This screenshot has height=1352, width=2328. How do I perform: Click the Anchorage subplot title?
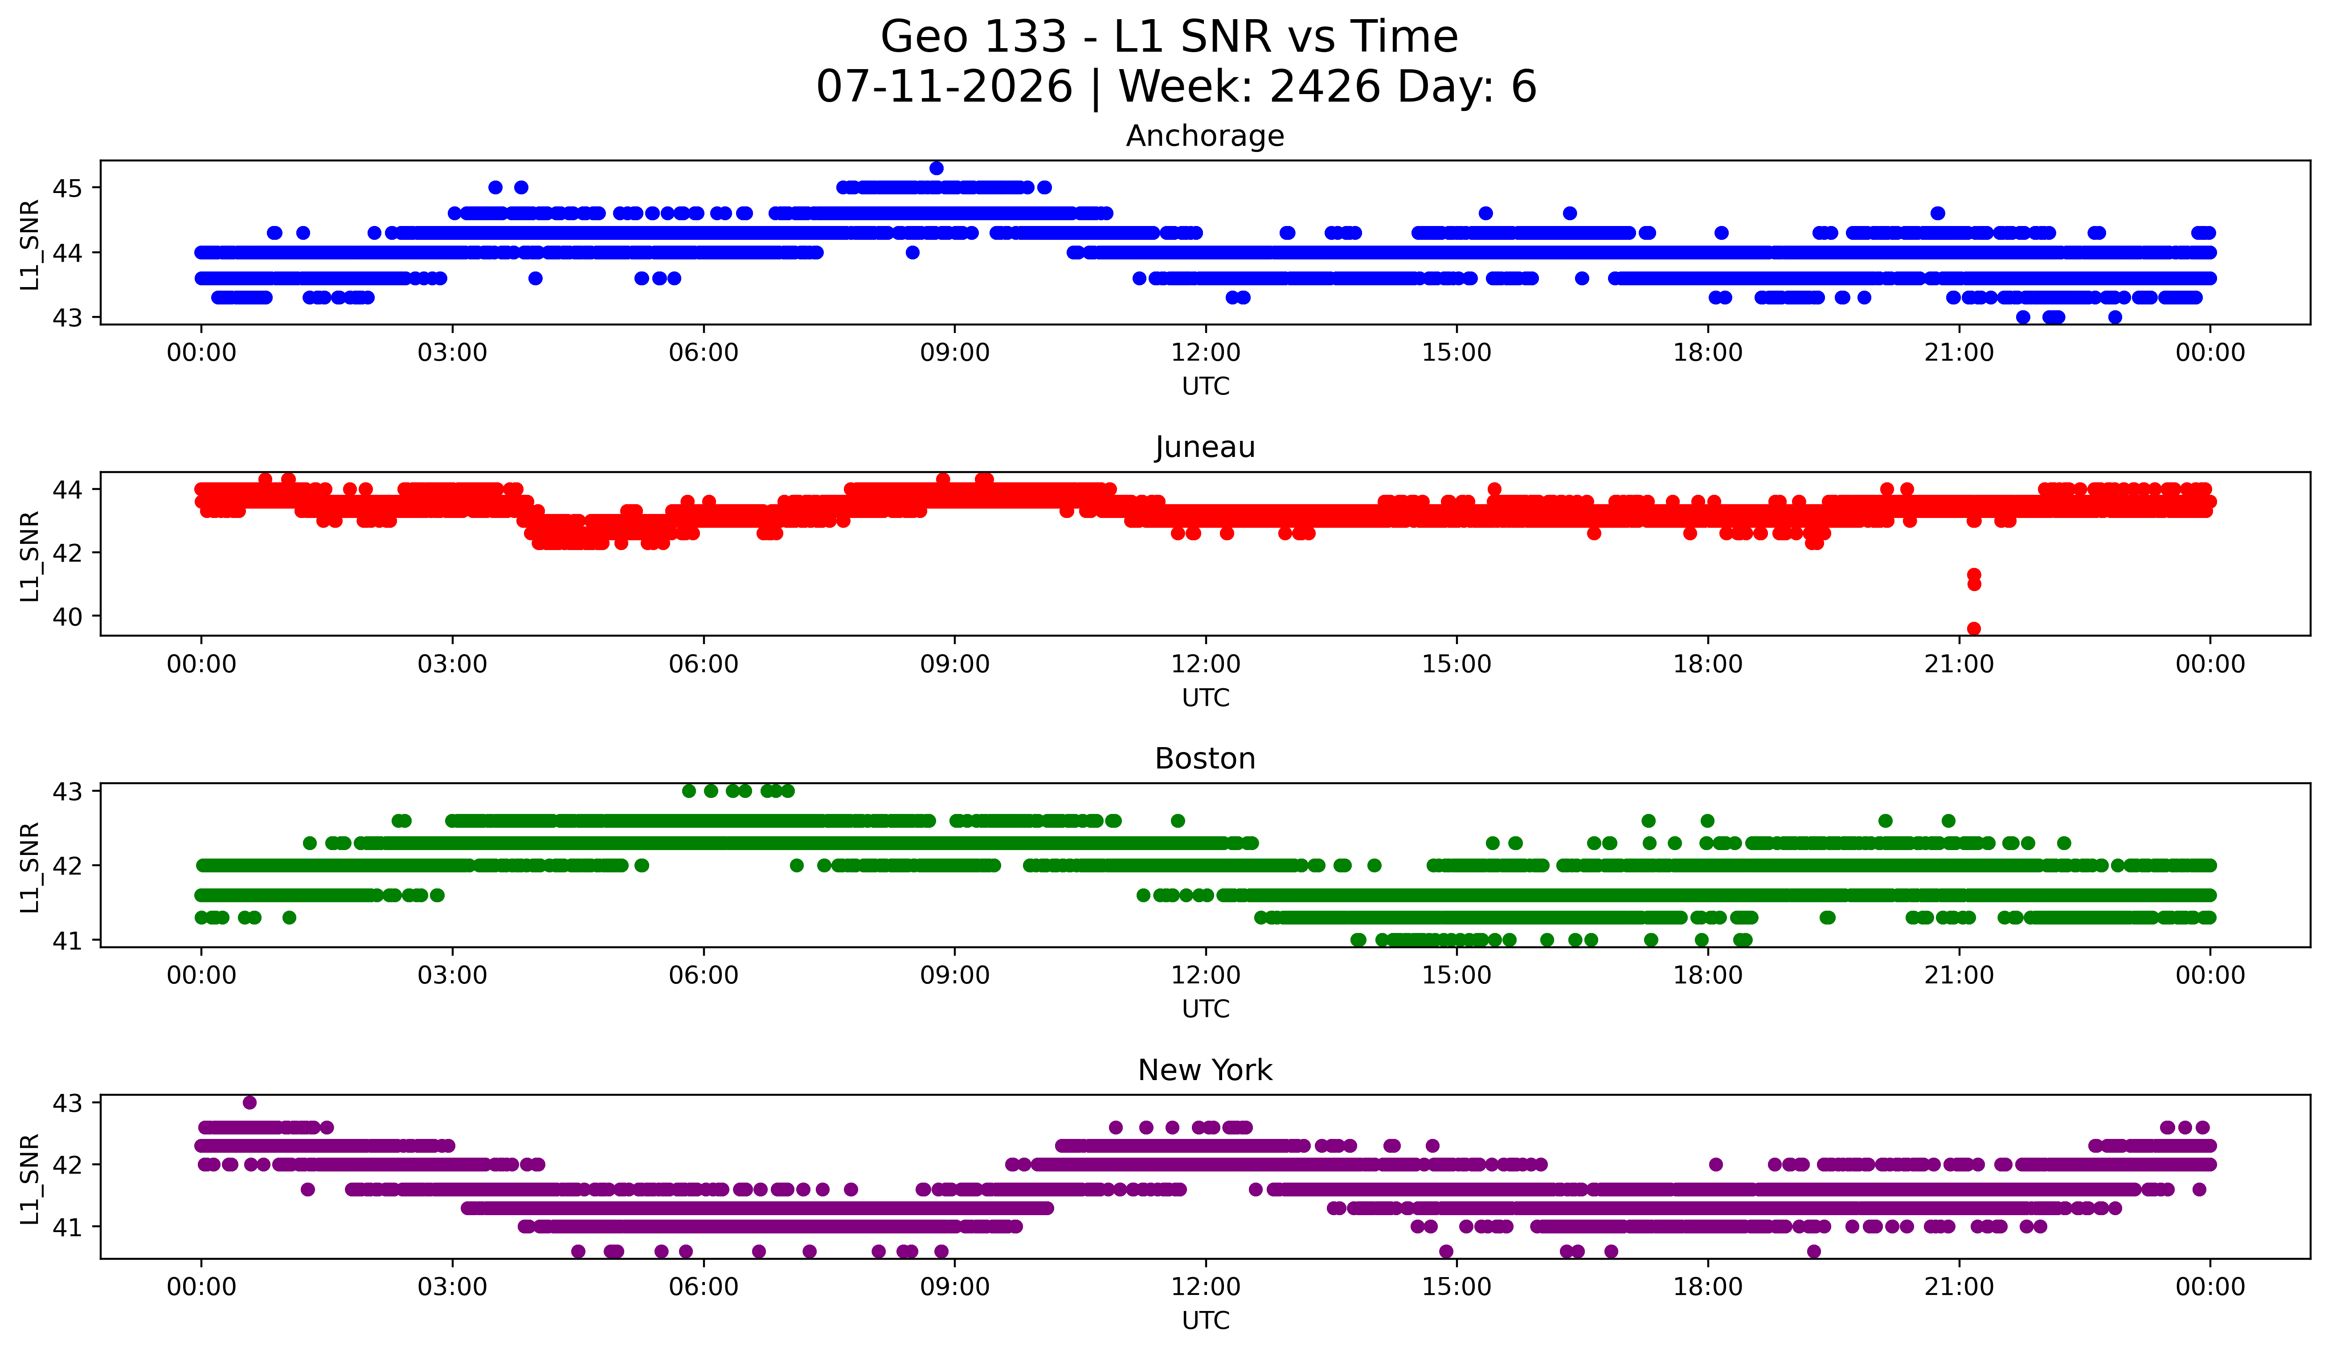tap(1205, 136)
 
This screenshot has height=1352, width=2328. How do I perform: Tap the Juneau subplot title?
tap(1205, 447)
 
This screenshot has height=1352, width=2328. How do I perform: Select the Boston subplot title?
tap(1205, 759)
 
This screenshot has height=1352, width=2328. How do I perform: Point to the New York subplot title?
tap(1205, 1070)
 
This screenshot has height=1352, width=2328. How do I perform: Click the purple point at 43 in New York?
tap(250, 1102)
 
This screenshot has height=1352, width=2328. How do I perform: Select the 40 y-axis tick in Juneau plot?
tap(67, 616)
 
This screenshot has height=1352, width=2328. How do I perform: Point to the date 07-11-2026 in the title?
tap(944, 87)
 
